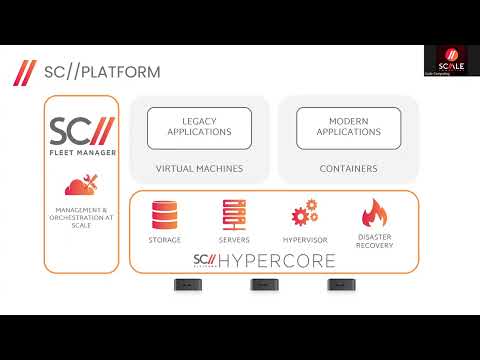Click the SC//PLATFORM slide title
(x=102, y=73)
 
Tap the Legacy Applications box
(x=199, y=126)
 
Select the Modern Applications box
(x=349, y=126)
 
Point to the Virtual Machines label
(x=199, y=169)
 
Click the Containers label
(x=348, y=169)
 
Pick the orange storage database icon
(x=165, y=215)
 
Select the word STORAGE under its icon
(x=165, y=240)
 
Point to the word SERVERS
(x=233, y=240)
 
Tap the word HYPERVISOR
(x=304, y=240)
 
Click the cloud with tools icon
(x=81, y=186)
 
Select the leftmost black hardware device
(x=186, y=284)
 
